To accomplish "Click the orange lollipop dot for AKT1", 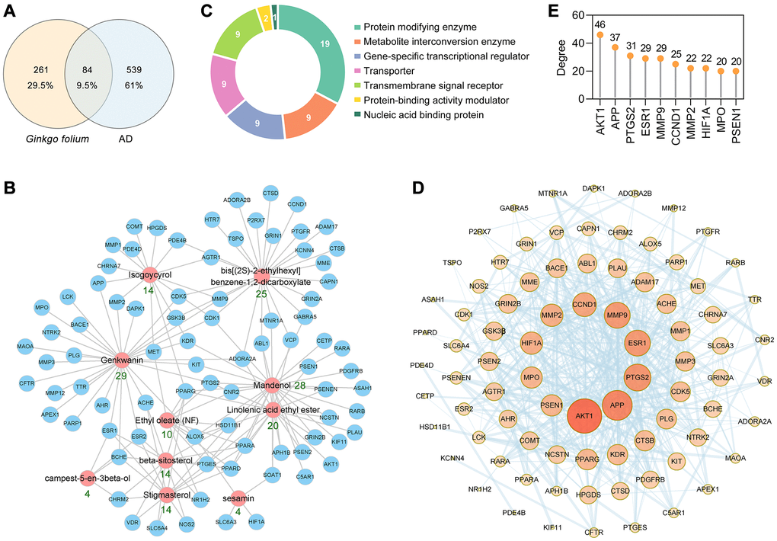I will pos(600,34).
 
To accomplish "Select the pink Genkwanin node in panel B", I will pos(120,355).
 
